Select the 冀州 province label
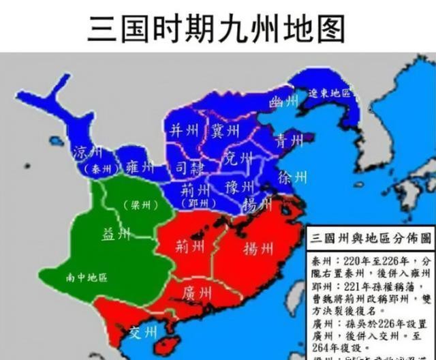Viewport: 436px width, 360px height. [224, 130]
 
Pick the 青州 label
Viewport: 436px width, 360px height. [289, 142]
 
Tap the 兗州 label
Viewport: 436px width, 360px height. [238, 158]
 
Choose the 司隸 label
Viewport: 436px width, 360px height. [189, 166]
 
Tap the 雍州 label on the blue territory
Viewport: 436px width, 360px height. [140, 167]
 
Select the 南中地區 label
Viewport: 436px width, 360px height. [87, 277]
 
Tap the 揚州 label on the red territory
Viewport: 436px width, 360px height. [258, 249]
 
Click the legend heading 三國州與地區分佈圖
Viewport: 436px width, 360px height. [371, 239]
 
